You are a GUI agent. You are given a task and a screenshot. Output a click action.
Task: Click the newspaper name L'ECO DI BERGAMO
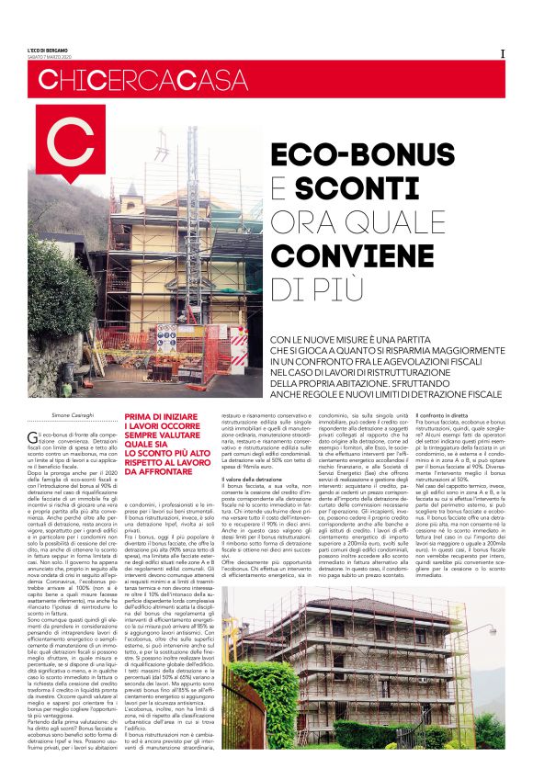[x=48, y=49]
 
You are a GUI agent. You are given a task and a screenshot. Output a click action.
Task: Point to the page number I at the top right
[x=502, y=52]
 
